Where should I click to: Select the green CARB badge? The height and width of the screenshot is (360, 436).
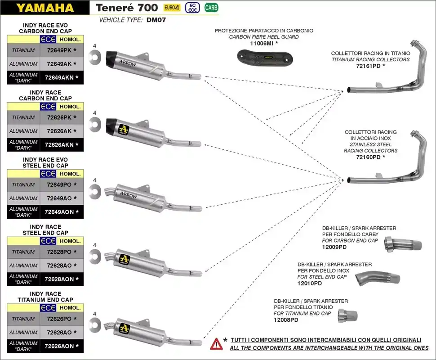211,7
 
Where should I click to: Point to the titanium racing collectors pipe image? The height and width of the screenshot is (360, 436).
387,81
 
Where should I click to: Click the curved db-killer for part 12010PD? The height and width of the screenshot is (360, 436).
376,277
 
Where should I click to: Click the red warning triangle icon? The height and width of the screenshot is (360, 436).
216,344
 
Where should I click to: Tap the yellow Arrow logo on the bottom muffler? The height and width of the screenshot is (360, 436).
124,328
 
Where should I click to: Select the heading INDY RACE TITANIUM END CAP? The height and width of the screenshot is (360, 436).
45,297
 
